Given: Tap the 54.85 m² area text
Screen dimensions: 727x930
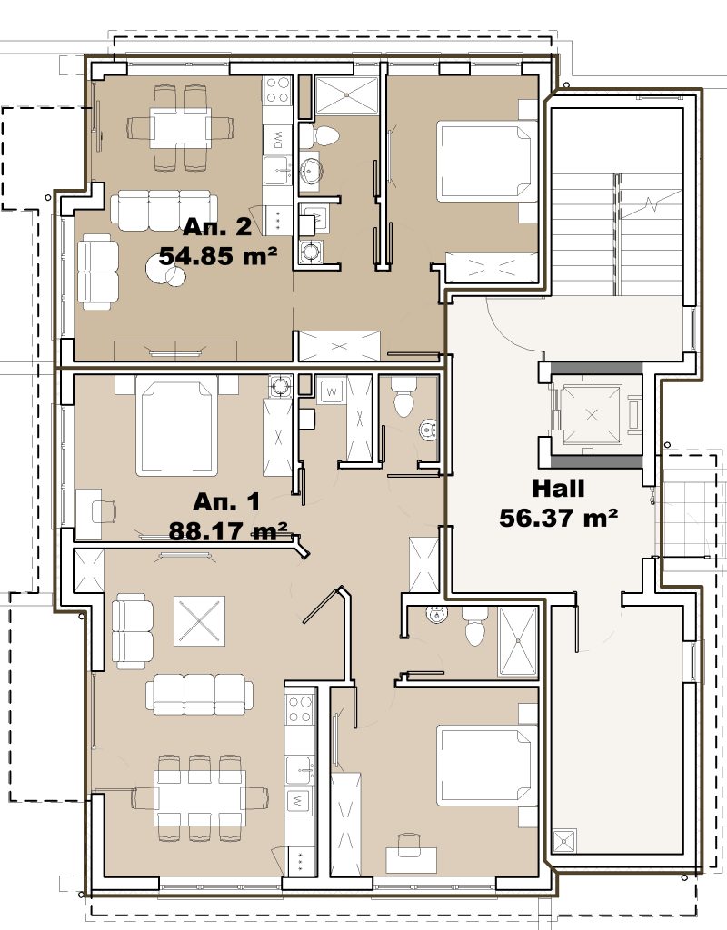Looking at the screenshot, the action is tap(218, 257).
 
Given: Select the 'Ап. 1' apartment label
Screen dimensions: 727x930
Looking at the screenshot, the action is tap(226, 502).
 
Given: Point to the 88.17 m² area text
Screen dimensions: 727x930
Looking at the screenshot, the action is tap(228, 530).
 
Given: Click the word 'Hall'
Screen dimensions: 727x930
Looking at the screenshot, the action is tap(558, 488).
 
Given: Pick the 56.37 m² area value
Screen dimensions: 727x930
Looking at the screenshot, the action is tap(559, 517).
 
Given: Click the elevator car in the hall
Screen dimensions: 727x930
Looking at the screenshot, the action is tap(592, 414).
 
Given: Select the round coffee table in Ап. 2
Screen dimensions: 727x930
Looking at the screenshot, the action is tap(165, 272).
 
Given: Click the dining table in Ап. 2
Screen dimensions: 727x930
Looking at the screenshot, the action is tap(181, 127).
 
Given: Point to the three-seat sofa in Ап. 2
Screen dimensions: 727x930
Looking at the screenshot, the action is tap(164, 210).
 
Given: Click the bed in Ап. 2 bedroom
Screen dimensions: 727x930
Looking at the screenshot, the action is tap(485, 162).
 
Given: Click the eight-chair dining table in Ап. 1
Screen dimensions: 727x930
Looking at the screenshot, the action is tap(199, 797).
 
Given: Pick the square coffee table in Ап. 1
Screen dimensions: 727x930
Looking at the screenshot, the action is tap(199, 621).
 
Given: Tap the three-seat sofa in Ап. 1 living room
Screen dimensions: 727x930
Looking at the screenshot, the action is tap(199, 694).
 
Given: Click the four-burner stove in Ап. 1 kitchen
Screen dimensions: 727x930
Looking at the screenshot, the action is tap(300, 709).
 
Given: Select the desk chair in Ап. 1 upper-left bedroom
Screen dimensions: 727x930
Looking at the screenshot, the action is tap(104, 510).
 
